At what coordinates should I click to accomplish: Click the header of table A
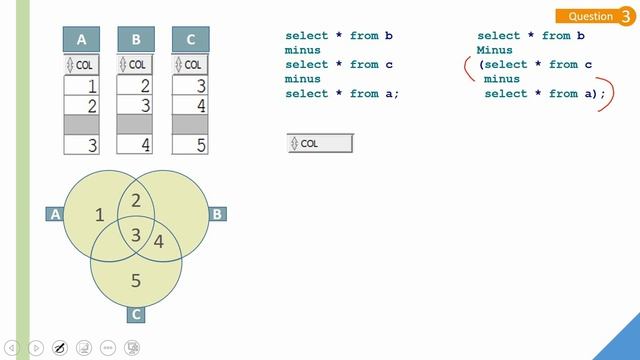pos(82,40)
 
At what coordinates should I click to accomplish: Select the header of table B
pos(136,40)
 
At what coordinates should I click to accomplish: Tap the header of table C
pos(191,40)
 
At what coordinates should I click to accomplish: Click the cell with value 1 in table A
pos(82,86)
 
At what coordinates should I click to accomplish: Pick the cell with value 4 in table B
pos(136,145)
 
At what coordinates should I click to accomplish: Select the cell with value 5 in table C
pos(191,145)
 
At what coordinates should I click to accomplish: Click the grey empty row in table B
pos(136,125)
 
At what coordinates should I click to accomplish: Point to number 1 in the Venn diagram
pos(98,215)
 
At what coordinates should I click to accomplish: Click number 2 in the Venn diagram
pos(136,200)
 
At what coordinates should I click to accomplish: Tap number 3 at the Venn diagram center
pos(137,235)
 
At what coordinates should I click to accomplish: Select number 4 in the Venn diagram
pos(158,241)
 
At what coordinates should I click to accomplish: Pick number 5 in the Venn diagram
pos(136,280)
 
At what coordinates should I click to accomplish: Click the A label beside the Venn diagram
pos(55,214)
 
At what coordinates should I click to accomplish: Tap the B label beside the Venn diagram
pos(217,214)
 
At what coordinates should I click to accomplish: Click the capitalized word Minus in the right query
pos(495,50)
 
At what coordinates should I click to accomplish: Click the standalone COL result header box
pos(320,143)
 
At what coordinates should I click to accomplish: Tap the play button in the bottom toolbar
pos(35,348)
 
